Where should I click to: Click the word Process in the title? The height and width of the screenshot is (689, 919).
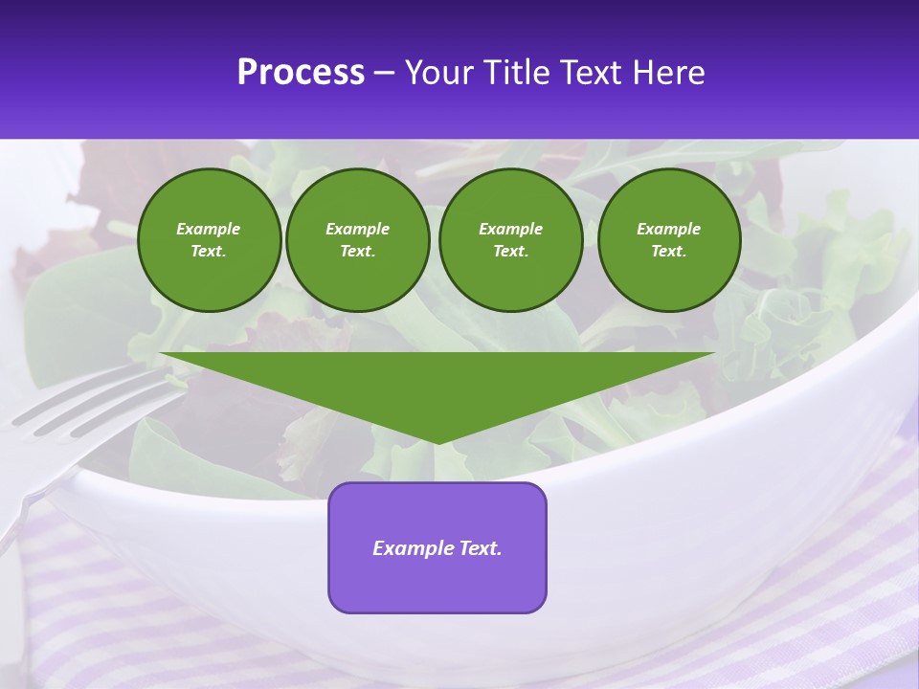[x=301, y=73]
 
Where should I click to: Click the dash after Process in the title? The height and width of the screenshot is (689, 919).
[x=385, y=74]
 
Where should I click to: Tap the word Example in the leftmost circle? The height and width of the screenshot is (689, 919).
[x=209, y=229]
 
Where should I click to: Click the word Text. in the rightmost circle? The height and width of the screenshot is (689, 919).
[x=668, y=251]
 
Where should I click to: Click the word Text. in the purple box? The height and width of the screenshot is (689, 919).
[x=481, y=548]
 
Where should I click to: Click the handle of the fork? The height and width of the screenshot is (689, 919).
[x=14, y=517]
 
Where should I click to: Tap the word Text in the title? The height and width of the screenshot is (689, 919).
[x=592, y=73]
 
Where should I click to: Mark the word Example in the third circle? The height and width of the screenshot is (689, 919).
[x=510, y=229]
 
